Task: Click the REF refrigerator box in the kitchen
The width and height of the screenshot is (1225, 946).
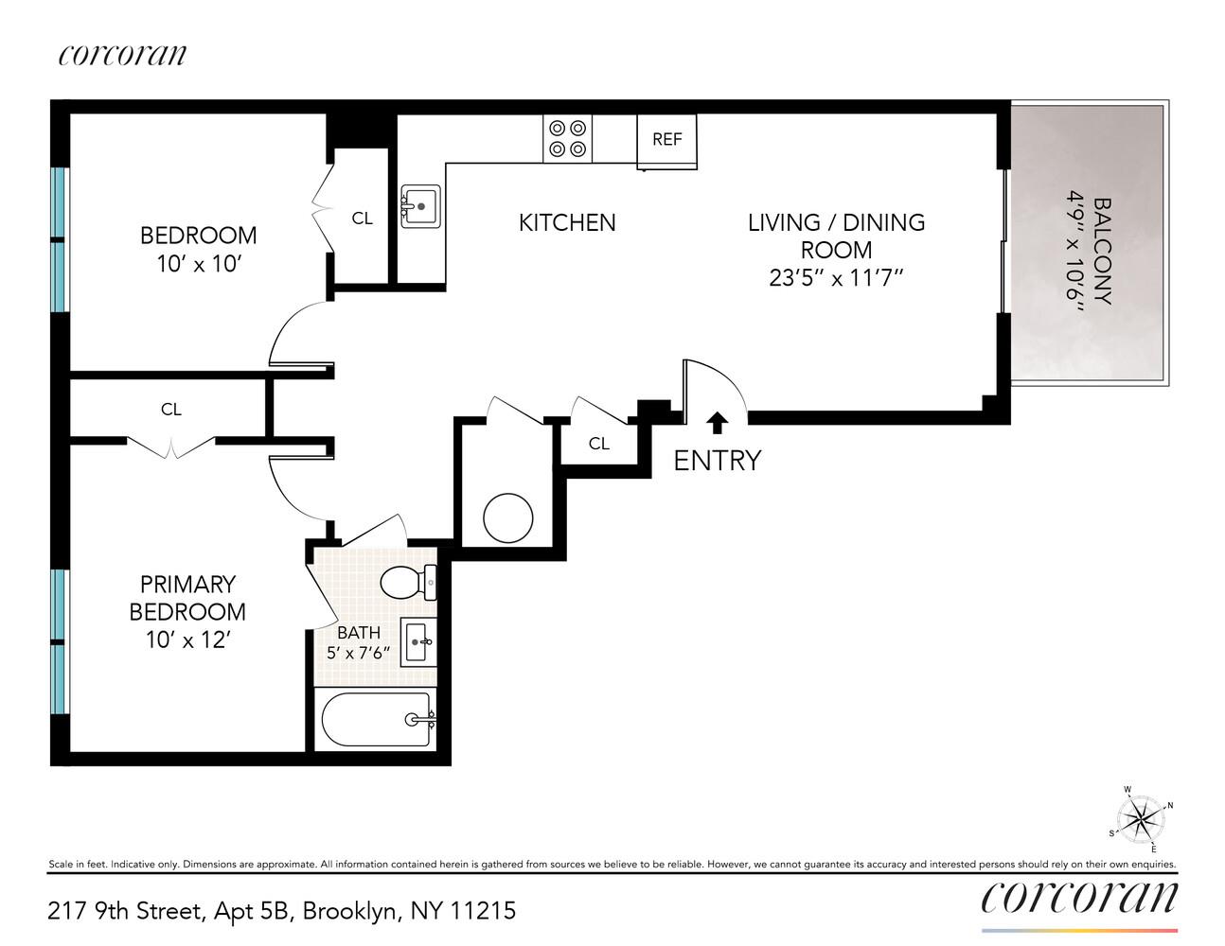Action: [x=666, y=140]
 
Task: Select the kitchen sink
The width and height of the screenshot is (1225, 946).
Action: [x=420, y=204]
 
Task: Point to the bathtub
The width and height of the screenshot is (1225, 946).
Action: [x=375, y=721]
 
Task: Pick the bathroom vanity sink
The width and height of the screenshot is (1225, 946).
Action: [x=418, y=642]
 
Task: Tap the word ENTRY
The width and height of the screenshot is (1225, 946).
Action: [x=717, y=461]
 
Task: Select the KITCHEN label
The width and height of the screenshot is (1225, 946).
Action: [x=567, y=222]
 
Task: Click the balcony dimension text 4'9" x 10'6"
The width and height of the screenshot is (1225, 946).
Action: [x=1074, y=245]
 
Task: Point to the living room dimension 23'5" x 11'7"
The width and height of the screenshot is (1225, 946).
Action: [x=836, y=278]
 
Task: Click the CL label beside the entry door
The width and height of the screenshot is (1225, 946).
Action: [x=599, y=444]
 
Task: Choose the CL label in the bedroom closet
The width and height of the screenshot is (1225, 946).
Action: [x=362, y=219]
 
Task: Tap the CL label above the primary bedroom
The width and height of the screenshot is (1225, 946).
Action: [x=170, y=410]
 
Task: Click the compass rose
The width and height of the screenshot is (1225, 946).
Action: [x=1141, y=818]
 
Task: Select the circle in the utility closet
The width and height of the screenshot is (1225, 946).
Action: [x=508, y=517]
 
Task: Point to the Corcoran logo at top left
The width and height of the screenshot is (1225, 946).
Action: [x=122, y=55]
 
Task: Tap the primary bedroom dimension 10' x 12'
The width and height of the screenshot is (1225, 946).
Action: [x=187, y=640]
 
